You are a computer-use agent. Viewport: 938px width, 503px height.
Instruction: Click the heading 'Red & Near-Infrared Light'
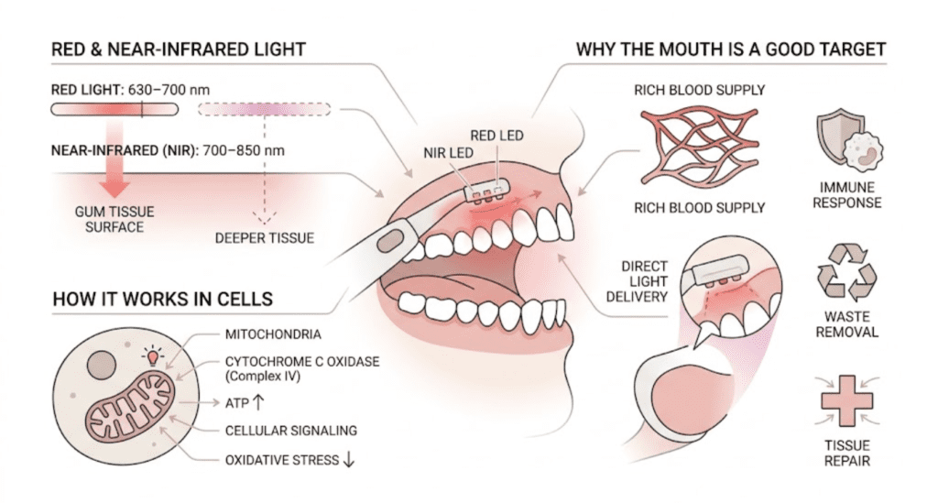(x=179, y=49)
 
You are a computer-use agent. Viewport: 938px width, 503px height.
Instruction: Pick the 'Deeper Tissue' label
(x=265, y=238)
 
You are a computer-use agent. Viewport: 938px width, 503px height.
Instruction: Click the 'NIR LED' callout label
(x=448, y=154)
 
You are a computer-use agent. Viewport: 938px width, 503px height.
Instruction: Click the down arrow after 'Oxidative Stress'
(x=348, y=460)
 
